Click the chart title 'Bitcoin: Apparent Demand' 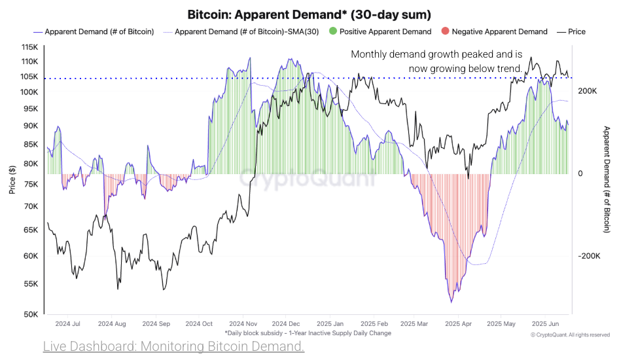[309, 14]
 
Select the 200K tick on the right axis [586, 92]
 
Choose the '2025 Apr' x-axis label [458, 324]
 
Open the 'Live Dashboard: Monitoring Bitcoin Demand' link [173, 346]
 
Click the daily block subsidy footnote [308, 333]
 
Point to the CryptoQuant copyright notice [570, 334]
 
